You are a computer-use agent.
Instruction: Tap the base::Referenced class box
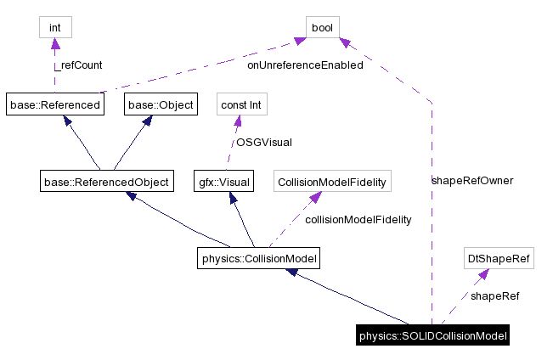pos(54,105)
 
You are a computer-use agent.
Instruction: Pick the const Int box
pos(240,105)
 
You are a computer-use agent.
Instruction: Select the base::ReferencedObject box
pos(105,181)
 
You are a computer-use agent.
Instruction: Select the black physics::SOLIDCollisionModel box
pos(433,336)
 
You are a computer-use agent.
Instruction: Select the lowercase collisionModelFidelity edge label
pos(358,219)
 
